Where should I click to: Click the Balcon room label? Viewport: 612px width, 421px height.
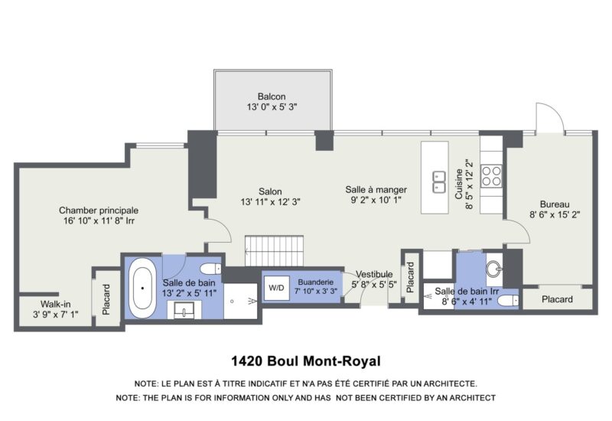point(272,96)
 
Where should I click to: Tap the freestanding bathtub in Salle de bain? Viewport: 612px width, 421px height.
point(142,288)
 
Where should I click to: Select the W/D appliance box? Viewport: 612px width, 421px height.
point(276,288)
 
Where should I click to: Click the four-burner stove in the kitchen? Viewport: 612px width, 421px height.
point(491,176)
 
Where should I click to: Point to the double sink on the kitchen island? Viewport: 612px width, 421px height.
point(439,182)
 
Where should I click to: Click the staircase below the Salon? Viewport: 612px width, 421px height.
point(274,251)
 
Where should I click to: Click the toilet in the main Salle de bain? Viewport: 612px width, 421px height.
point(211,269)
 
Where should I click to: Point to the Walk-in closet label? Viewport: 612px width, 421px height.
point(55,304)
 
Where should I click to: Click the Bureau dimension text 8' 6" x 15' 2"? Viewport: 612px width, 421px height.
point(555,214)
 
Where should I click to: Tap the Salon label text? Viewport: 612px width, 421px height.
point(270,191)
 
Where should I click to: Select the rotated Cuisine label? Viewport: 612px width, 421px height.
point(459,184)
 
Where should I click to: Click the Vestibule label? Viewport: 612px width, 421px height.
point(374,274)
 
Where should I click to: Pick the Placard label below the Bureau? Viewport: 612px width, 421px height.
point(557,299)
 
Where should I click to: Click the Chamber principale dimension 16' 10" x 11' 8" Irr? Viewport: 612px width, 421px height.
point(99,220)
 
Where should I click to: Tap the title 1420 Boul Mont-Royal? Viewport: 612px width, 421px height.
point(305,361)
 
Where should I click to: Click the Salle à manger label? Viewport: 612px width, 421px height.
point(376,190)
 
